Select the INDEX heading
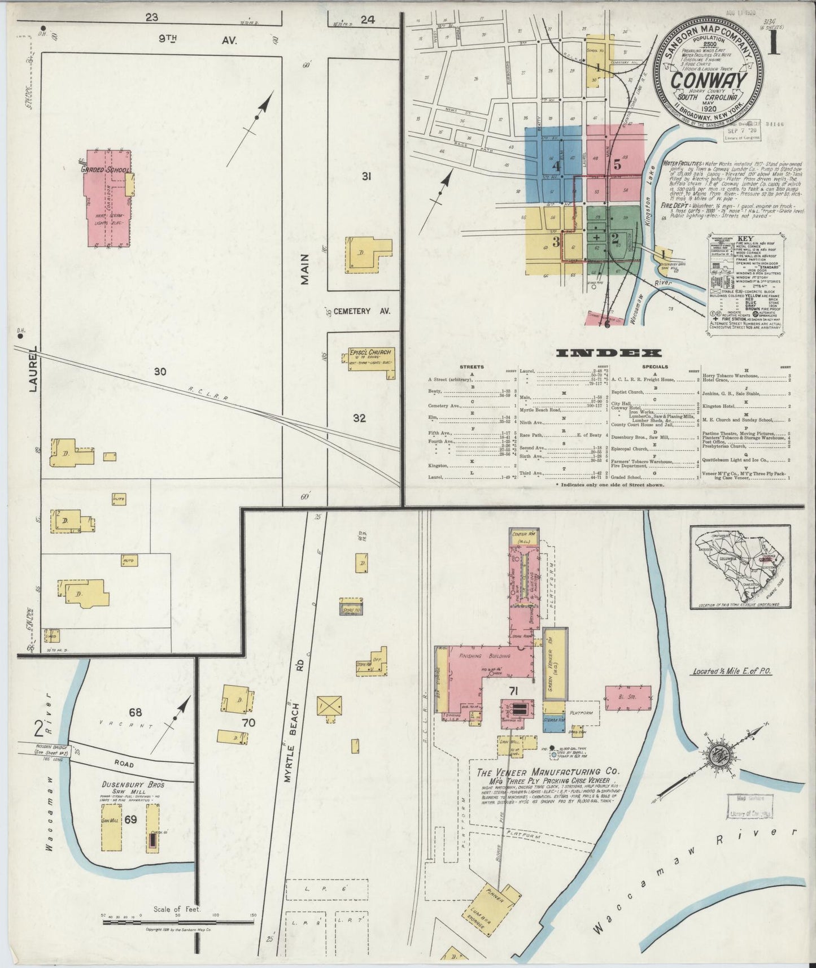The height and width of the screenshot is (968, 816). pyautogui.click(x=609, y=354)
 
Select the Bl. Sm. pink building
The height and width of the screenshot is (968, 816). pyautogui.click(x=628, y=698)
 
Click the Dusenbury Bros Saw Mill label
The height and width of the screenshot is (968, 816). pyautogui.click(x=133, y=788)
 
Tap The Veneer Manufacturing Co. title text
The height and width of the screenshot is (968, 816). pyautogui.click(x=548, y=771)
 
